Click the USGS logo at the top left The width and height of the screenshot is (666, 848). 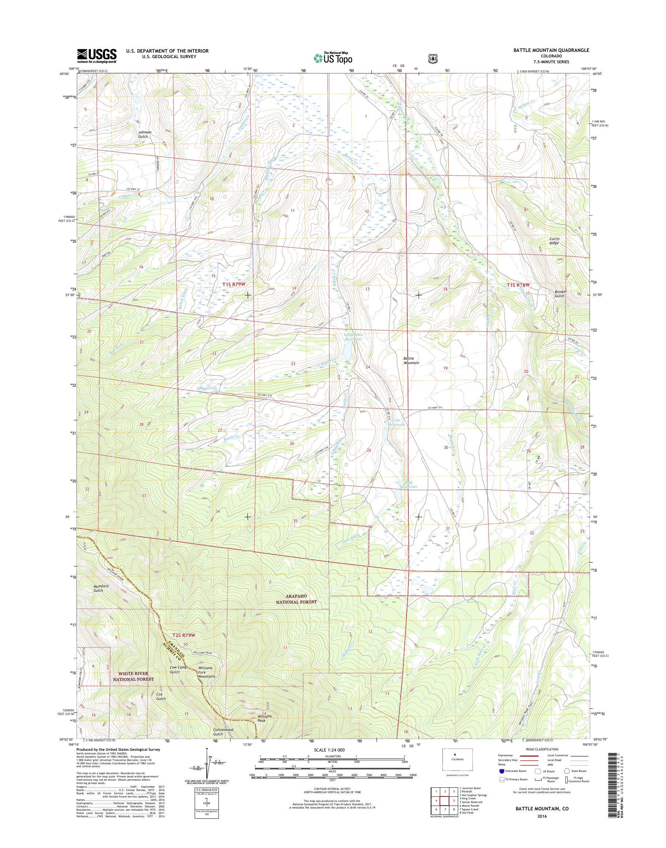[x=97, y=56]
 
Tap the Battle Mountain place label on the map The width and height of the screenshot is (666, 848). [x=411, y=360]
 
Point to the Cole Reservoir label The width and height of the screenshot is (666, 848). [x=397, y=423]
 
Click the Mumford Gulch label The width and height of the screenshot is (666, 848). [x=98, y=588]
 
